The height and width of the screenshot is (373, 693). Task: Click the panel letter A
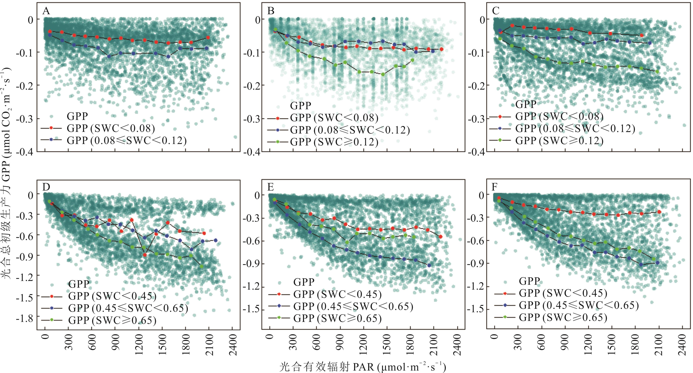coord(46,11)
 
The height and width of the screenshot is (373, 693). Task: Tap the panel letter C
coord(496,11)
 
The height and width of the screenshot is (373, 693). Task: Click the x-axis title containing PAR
coord(362,367)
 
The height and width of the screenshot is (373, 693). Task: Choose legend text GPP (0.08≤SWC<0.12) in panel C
coord(575,128)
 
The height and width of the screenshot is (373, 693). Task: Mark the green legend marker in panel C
coord(500,140)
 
